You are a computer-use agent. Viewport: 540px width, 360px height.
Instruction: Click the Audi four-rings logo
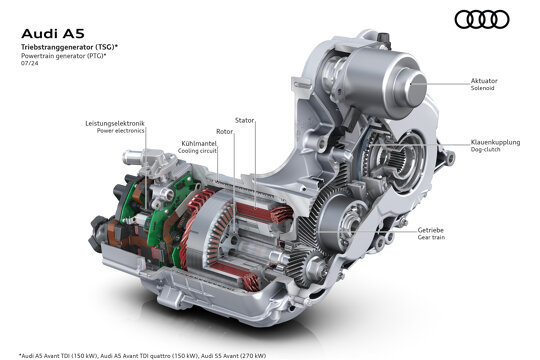tap(482, 19)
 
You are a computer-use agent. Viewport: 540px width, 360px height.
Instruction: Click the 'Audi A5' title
tap(53, 34)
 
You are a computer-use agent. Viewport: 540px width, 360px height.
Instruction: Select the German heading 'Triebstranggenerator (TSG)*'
tap(70, 47)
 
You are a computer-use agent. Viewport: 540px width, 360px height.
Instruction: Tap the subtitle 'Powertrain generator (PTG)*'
tap(64, 56)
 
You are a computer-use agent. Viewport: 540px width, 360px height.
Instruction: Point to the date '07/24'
tap(30, 63)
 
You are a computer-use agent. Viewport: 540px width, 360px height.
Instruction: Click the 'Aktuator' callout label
tap(484, 81)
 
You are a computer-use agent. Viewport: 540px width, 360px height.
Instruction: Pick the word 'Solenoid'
tap(482, 88)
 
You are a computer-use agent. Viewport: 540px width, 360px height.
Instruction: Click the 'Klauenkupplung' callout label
tap(495, 142)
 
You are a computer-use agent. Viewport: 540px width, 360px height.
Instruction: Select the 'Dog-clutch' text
tap(485, 150)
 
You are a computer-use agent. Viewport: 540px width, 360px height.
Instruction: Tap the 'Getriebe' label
tap(430, 230)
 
